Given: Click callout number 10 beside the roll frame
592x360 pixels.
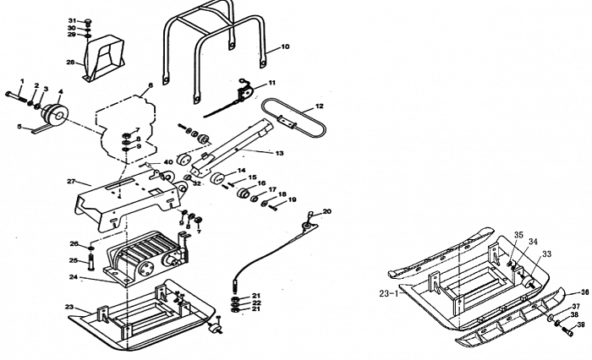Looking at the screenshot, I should (x=285, y=47).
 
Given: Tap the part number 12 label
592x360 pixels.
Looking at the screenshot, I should (x=319, y=107).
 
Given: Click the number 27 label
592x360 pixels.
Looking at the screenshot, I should (x=72, y=182).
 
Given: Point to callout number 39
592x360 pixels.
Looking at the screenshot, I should (x=581, y=325).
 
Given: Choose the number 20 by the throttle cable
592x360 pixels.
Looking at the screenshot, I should (x=327, y=211).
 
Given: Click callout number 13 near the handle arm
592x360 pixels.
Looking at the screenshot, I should (x=279, y=153).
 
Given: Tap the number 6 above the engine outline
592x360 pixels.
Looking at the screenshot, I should (x=150, y=86).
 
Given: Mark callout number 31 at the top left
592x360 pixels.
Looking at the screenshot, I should (x=73, y=19).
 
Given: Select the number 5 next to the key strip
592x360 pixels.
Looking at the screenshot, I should (x=19, y=127).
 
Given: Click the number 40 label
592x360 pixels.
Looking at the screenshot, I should (x=168, y=162).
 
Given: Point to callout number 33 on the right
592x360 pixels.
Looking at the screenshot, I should (x=547, y=254).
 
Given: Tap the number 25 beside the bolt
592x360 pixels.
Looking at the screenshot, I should (x=73, y=260).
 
